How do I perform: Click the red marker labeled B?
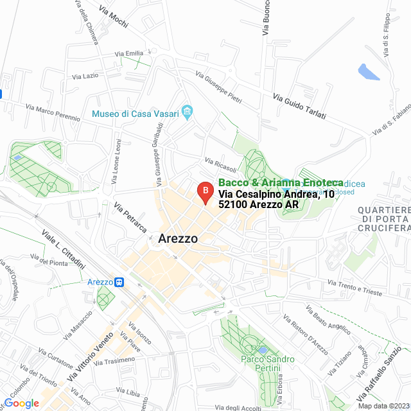tap(204, 191)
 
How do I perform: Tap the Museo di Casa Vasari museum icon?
tap(187, 114)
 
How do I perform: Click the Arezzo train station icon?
tap(119, 282)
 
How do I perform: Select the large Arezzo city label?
tap(177, 239)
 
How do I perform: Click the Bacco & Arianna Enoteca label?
tap(281, 183)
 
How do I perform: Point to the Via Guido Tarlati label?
tap(299, 107)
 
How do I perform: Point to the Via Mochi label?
tap(114, 17)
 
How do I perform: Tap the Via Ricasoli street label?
tap(221, 165)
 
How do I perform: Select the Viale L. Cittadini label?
tap(64, 249)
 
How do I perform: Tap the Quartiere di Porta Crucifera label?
tap(383, 219)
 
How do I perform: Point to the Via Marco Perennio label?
tap(53, 113)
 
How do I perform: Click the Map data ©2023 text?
tap(383, 406)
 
